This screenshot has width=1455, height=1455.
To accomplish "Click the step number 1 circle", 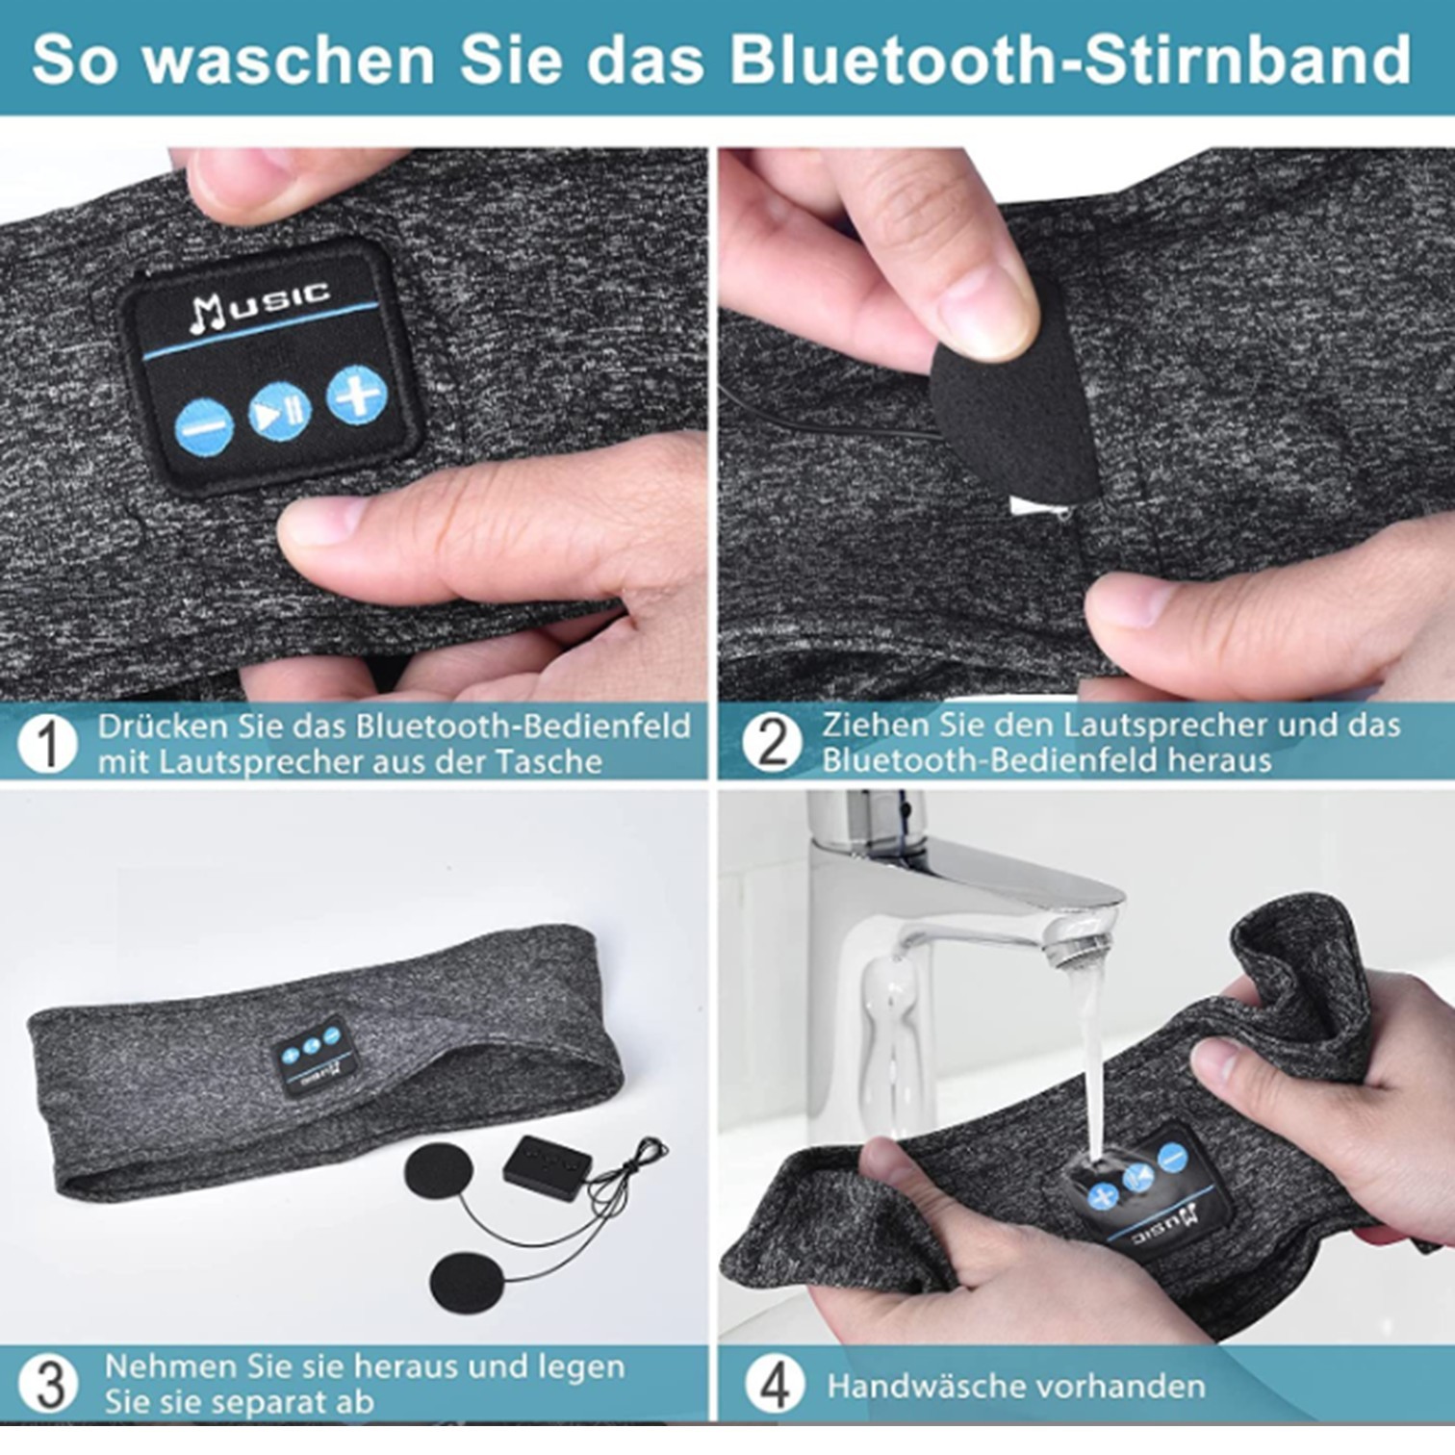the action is [x=47, y=743].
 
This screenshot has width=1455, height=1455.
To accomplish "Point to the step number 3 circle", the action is [x=48, y=1384].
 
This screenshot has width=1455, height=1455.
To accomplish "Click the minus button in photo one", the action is [x=204, y=426].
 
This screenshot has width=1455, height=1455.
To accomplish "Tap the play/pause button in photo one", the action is [x=279, y=412].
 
